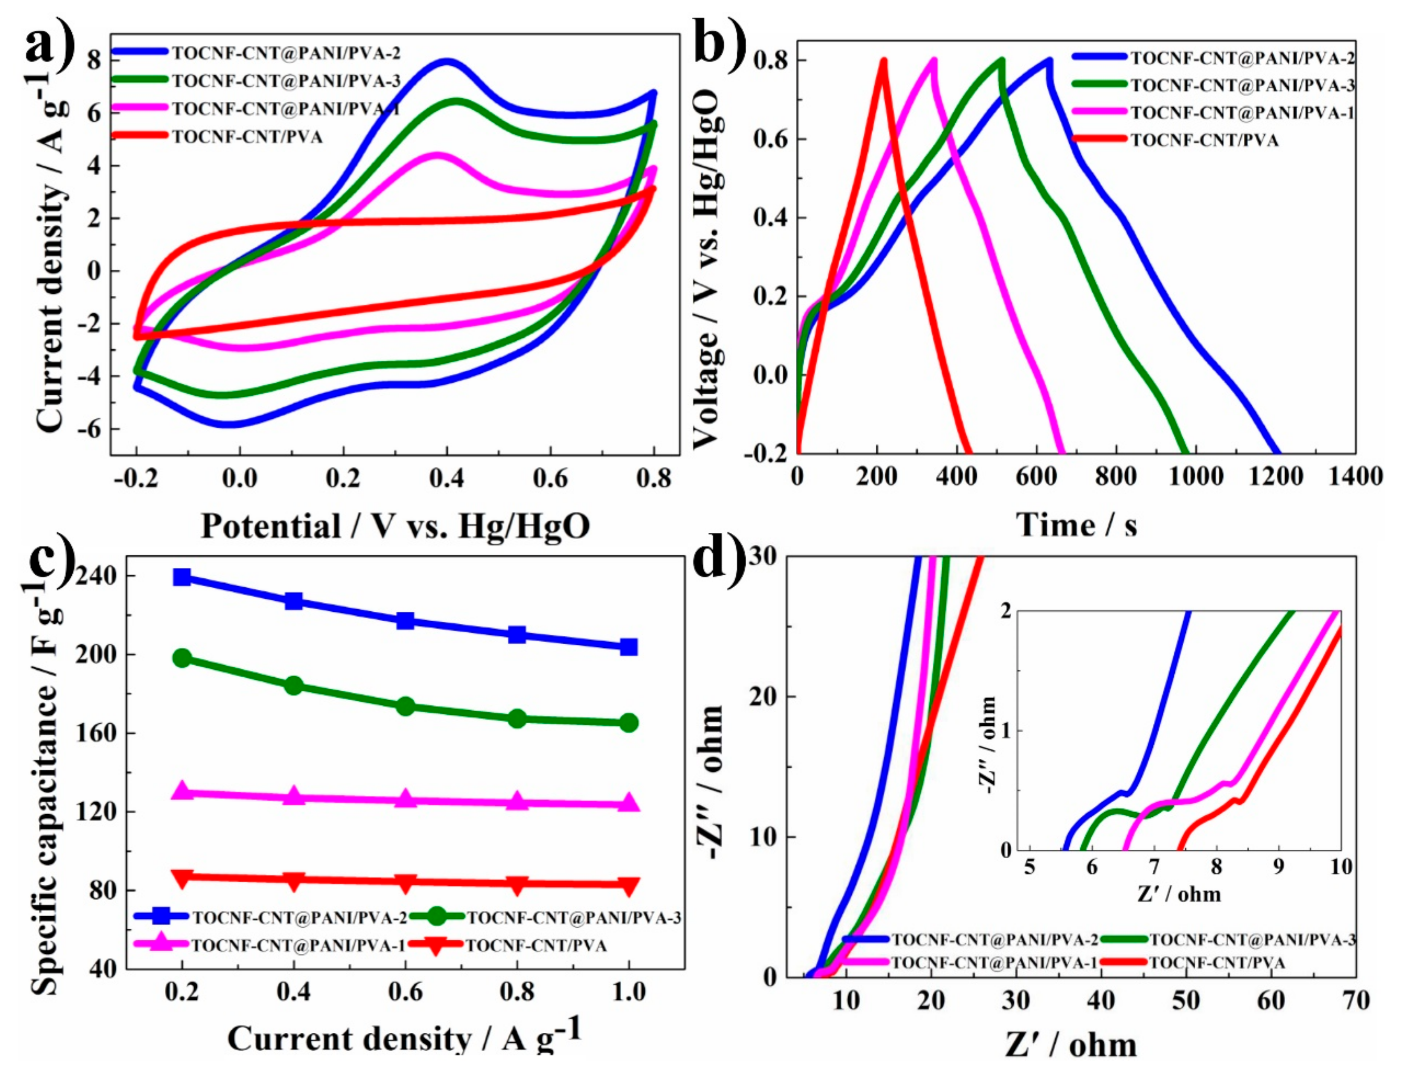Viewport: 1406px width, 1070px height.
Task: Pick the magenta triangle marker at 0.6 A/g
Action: coord(405,800)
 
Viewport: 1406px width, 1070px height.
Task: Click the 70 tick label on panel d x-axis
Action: coord(1354,1000)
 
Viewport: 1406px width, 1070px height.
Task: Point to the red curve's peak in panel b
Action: coord(883,61)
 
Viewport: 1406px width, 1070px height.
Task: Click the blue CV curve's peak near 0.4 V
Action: coord(448,62)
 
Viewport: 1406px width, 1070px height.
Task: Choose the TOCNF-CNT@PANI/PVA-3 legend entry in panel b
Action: coord(1241,85)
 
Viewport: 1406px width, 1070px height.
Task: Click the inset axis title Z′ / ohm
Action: coord(1179,894)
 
